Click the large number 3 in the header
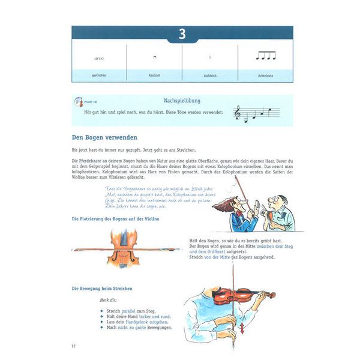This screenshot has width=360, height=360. (x=182, y=34)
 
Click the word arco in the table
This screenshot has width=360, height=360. (x=99, y=58)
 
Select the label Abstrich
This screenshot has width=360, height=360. (x=154, y=76)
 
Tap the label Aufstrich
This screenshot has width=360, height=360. (x=210, y=76)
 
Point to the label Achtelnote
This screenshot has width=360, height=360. (x=265, y=76)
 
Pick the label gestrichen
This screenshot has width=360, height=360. (x=99, y=76)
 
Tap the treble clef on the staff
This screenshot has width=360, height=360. (x=238, y=113)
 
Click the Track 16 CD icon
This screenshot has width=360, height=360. (x=78, y=103)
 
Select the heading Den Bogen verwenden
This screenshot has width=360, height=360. (x=104, y=137)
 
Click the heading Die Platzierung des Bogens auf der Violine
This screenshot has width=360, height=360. (x=119, y=219)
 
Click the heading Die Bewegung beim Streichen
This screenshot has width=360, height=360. (x=102, y=289)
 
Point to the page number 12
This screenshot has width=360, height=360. (x=74, y=346)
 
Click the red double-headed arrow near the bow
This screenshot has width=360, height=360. (x=242, y=329)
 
